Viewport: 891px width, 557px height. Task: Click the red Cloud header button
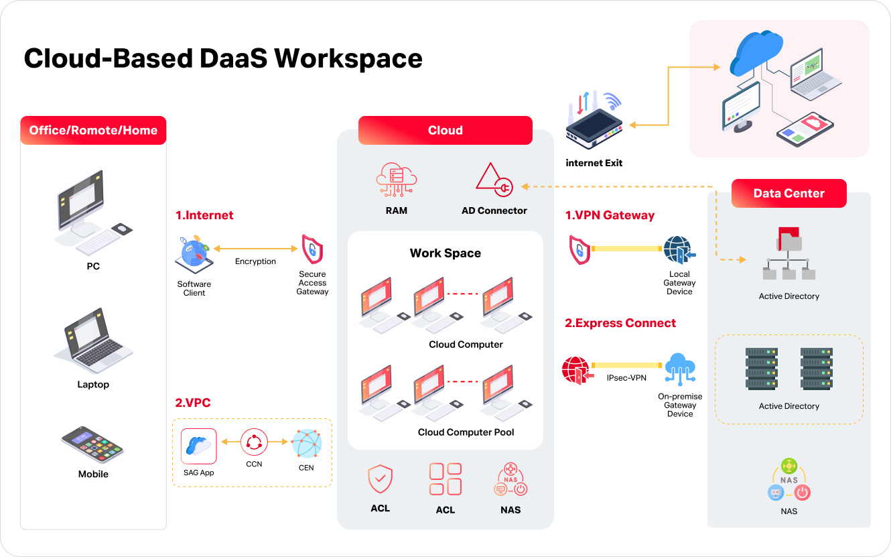click(x=445, y=130)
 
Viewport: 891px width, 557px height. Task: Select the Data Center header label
click(x=789, y=193)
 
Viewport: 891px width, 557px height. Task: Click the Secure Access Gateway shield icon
click(x=312, y=249)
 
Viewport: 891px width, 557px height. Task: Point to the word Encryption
click(x=255, y=261)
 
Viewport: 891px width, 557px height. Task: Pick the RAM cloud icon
click(x=396, y=180)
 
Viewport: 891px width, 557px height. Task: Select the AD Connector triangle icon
click(x=494, y=180)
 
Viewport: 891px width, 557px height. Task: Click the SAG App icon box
click(x=199, y=446)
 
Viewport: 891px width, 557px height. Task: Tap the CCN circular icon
click(x=254, y=442)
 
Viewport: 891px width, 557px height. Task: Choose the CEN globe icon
click(x=306, y=444)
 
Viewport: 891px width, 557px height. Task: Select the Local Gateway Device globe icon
click(x=679, y=251)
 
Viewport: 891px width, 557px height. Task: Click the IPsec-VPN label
click(x=626, y=378)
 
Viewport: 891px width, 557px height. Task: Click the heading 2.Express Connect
click(x=620, y=323)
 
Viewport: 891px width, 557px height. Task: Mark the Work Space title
click(x=445, y=253)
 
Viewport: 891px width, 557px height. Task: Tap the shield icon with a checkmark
click(x=380, y=479)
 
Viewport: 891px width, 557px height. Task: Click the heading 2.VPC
click(x=192, y=403)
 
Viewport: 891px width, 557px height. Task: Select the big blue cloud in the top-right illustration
click(x=756, y=49)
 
